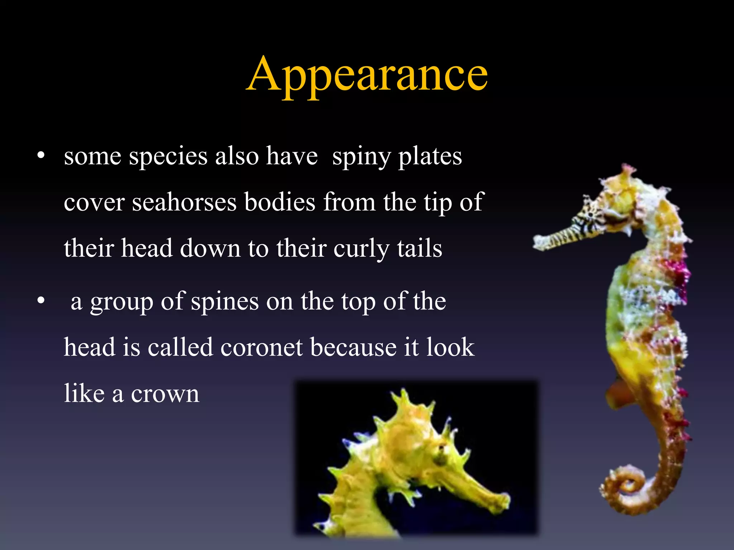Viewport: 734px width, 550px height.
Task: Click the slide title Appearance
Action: tap(367, 75)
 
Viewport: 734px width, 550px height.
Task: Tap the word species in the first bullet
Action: tap(168, 156)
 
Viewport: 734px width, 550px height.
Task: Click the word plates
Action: tap(430, 156)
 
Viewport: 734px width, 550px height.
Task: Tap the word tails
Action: tap(419, 248)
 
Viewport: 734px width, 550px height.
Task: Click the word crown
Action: tap(165, 394)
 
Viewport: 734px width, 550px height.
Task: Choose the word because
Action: tap(353, 347)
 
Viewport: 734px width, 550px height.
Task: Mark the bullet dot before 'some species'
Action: tap(41, 156)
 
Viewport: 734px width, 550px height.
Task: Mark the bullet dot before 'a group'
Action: tap(41, 301)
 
